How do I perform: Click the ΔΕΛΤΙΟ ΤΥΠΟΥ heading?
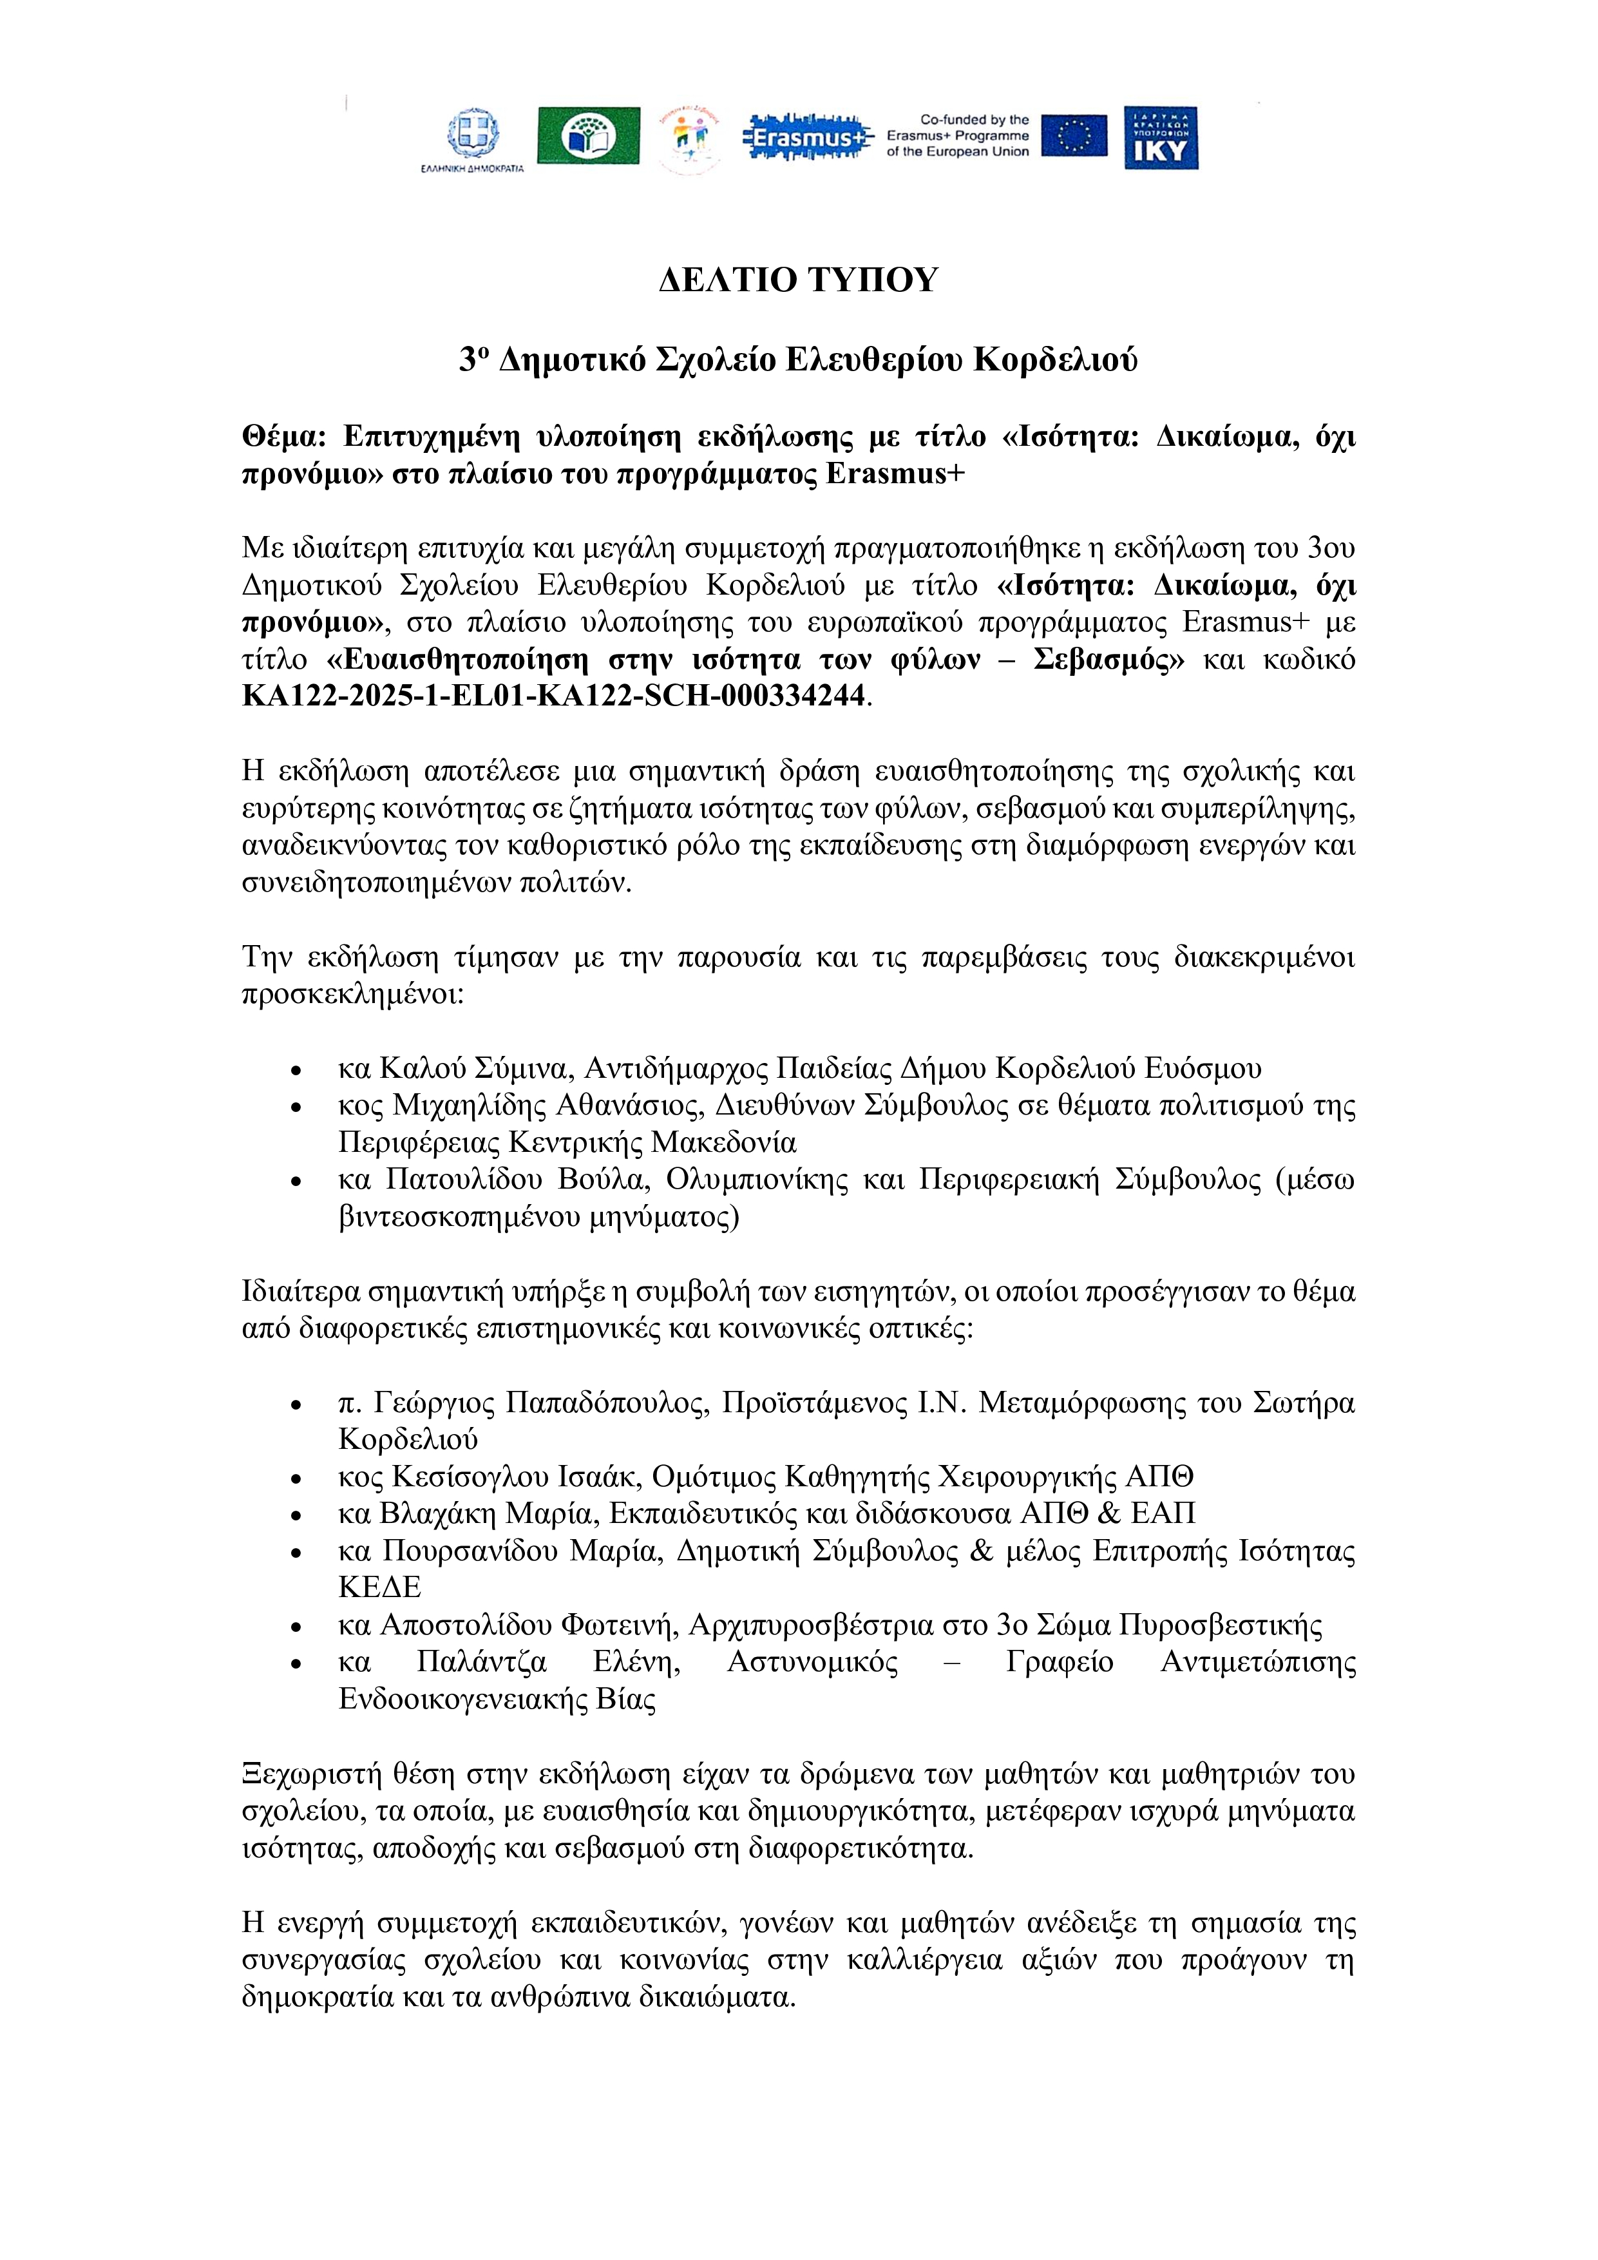click(x=798, y=280)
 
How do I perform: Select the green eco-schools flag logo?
click(x=587, y=136)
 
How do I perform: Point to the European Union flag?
click(x=1074, y=136)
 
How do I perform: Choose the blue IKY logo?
click(x=1161, y=138)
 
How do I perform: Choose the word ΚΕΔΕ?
click(x=380, y=1587)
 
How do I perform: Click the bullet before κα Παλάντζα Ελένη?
click(x=296, y=1663)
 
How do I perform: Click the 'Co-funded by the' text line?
click(x=974, y=120)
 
